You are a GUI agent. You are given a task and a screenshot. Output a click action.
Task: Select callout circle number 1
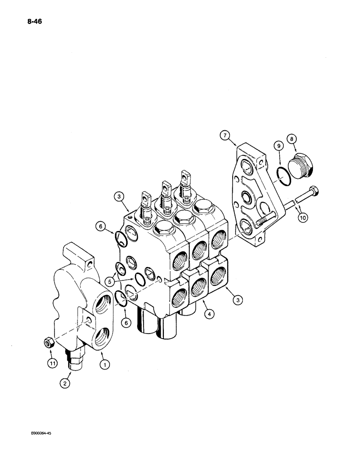pyautogui.click(x=106, y=365)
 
